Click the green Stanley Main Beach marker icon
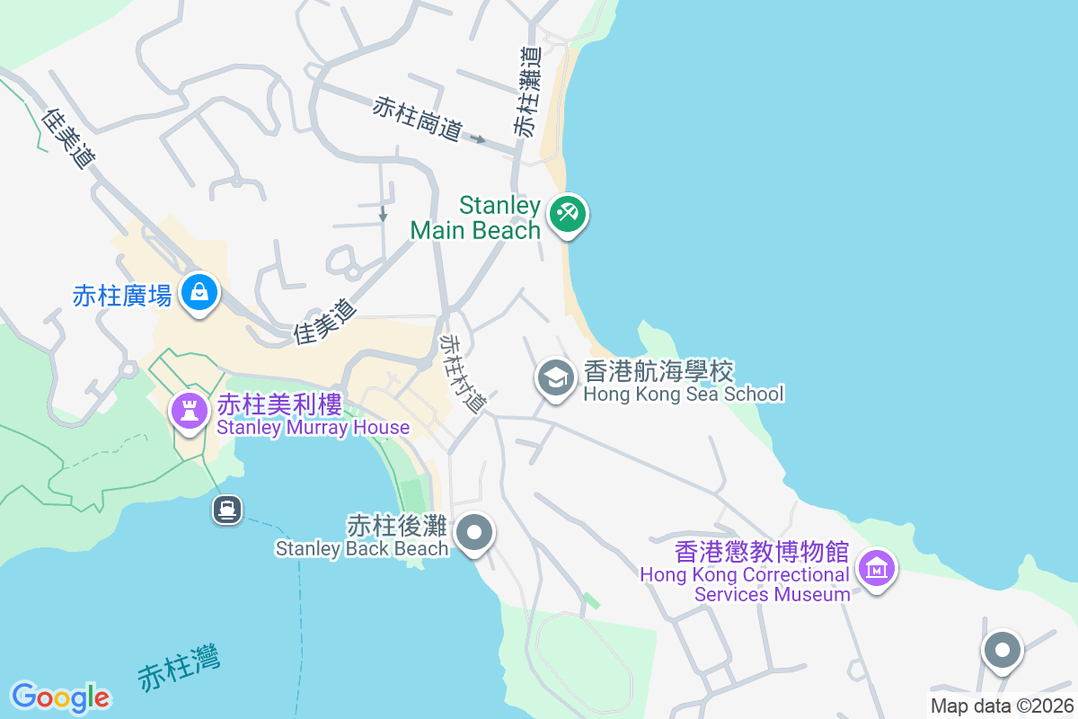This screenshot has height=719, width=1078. pos(568,214)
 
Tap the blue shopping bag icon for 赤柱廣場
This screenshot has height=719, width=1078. pos(199,291)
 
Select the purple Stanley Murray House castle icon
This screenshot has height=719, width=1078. pos(189,412)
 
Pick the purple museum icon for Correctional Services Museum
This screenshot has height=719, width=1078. pos(877,568)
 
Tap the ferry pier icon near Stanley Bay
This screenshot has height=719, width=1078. pos(226,510)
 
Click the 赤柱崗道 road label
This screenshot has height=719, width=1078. pos(418,120)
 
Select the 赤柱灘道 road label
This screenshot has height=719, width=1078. pos(528,92)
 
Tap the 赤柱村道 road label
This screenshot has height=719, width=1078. pos(462,374)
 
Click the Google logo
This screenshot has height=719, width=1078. pos(60,697)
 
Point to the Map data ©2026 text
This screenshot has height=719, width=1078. pos(1002,706)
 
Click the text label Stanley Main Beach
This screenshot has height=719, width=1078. pos(475,218)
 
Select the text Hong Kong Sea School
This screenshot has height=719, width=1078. pos(684,394)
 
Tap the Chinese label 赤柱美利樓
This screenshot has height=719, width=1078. pos(279,405)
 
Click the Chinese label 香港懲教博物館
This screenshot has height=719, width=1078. pos(762,551)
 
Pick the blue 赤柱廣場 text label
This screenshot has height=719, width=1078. pos(122,296)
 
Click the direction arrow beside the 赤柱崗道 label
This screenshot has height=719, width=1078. pos(479,139)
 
